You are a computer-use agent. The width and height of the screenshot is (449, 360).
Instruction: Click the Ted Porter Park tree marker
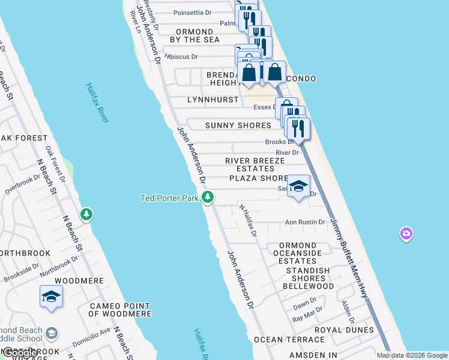pyautogui.click(x=208, y=197)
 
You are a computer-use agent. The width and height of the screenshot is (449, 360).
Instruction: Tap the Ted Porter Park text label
pyautogui.click(x=169, y=197)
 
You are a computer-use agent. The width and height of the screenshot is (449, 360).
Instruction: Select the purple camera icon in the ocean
pyautogui.click(x=406, y=233)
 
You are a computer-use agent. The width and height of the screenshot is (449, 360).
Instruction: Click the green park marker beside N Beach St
pyautogui.click(x=87, y=214)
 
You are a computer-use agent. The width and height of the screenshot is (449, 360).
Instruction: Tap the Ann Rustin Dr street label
pyautogui.click(x=305, y=222)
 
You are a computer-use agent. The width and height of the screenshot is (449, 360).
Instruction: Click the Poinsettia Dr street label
pyautogui.click(x=193, y=13)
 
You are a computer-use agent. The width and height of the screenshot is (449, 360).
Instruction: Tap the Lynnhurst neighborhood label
pyautogui.click(x=212, y=100)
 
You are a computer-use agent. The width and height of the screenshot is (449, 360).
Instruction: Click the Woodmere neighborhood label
pyautogui.click(x=75, y=280)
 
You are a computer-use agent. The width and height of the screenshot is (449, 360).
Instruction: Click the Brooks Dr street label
pyautogui.click(x=279, y=142)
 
